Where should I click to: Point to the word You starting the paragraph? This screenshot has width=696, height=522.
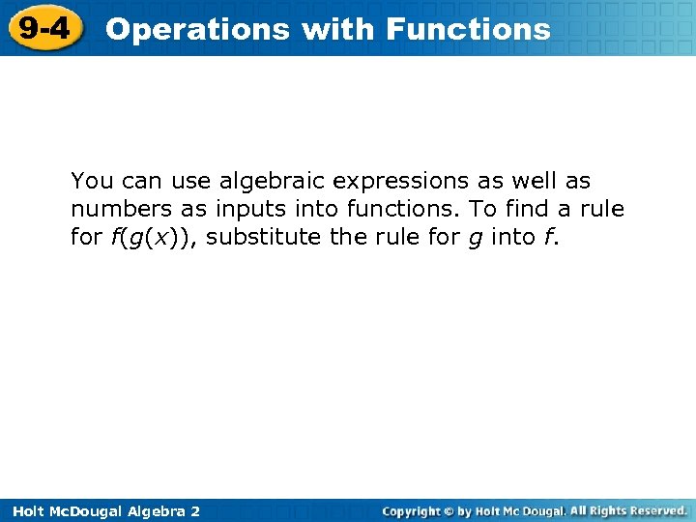90,181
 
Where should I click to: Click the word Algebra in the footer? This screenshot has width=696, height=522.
157,510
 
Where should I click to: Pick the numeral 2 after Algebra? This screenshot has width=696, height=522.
195,510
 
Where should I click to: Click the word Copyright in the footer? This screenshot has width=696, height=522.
411,510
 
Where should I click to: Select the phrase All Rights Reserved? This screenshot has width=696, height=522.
628,510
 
